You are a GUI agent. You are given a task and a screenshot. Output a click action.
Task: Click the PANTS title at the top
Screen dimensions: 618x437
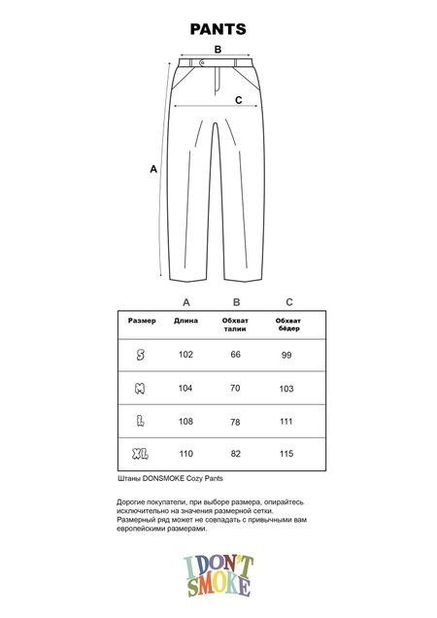tap(218, 30)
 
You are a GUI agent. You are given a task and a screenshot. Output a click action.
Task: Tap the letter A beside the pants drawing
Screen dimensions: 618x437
tap(153, 169)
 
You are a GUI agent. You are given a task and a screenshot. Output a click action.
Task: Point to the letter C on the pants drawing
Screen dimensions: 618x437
tap(238, 99)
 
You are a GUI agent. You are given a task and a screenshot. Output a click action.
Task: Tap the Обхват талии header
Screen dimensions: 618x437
tap(236, 325)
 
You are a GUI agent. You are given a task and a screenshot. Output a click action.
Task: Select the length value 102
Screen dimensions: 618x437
tap(186, 356)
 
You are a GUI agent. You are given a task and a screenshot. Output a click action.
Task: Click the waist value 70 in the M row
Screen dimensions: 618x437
tap(235, 388)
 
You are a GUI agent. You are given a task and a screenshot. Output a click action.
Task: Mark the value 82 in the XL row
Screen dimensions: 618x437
tap(235, 453)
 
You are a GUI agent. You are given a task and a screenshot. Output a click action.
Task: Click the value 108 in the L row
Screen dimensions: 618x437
tap(186, 421)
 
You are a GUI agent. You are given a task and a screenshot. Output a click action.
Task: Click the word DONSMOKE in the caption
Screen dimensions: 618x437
tap(159, 479)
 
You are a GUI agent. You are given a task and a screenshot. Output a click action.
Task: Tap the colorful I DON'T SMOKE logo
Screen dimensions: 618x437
tap(218, 573)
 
